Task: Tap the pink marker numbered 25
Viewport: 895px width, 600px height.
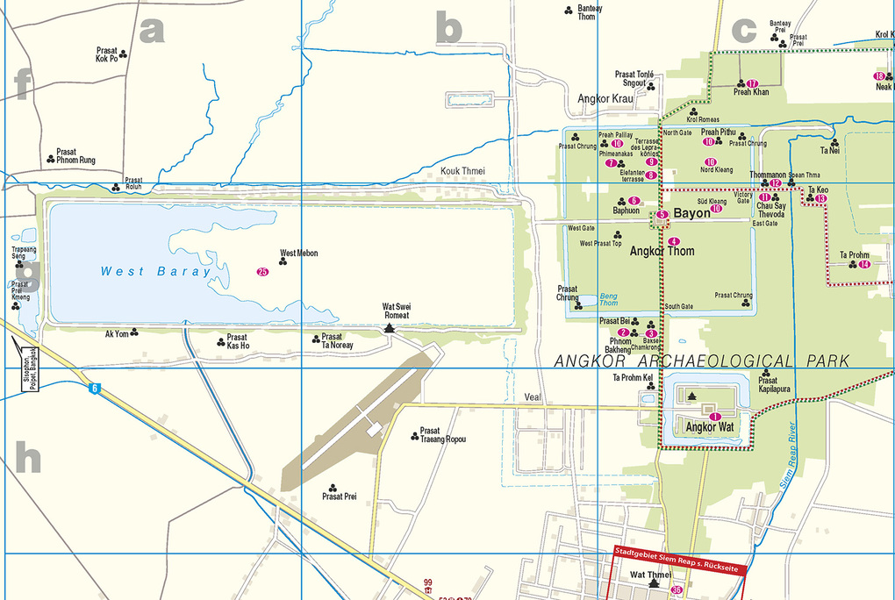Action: pyautogui.click(x=262, y=272)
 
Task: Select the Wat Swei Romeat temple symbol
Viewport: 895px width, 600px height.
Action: pyautogui.click(x=390, y=327)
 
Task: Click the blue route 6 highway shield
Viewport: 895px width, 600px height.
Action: pyautogui.click(x=93, y=388)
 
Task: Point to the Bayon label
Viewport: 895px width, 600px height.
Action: pyautogui.click(x=691, y=213)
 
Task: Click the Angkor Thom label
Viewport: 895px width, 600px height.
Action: pyautogui.click(x=662, y=252)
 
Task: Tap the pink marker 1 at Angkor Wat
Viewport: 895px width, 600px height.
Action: pyautogui.click(x=715, y=417)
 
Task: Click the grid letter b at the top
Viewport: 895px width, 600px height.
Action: pyautogui.click(x=448, y=30)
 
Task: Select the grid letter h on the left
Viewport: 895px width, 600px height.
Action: pyautogui.click(x=27, y=457)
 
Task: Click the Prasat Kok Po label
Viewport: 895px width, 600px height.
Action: pyautogui.click(x=107, y=55)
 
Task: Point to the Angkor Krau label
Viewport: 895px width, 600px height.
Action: pyautogui.click(x=605, y=99)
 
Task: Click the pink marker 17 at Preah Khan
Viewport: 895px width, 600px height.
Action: pyautogui.click(x=752, y=83)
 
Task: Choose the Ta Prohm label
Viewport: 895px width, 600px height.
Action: pyautogui.click(x=854, y=255)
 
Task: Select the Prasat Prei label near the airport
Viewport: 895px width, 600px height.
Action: pyautogui.click(x=339, y=497)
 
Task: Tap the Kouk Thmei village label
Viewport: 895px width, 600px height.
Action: pyautogui.click(x=462, y=171)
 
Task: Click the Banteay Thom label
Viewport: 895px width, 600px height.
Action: pyautogui.click(x=586, y=12)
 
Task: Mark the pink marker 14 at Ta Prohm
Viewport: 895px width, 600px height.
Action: pyautogui.click(x=864, y=265)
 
